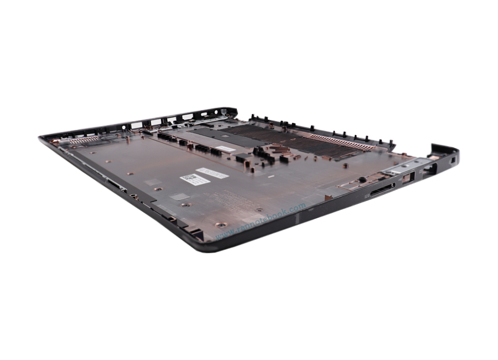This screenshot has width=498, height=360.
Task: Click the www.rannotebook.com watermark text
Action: tap(260, 221)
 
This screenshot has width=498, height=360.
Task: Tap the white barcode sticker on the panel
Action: tap(195, 179)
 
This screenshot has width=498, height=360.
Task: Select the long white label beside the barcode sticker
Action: tap(212, 173)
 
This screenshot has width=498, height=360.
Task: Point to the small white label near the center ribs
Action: tap(225, 149)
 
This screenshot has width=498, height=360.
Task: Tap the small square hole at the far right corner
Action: tap(453, 160)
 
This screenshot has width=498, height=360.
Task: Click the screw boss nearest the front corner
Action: tap(221, 225)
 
